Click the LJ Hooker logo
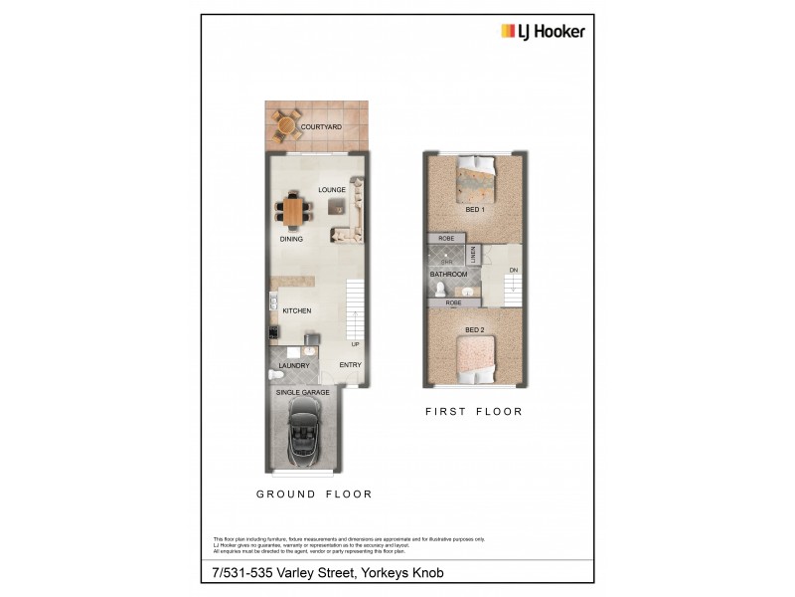(x=542, y=30)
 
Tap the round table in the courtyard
(x=285, y=125)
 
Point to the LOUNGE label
(x=331, y=189)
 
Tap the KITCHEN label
(x=297, y=311)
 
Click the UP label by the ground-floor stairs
(x=355, y=344)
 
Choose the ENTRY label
(x=350, y=365)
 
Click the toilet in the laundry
(x=273, y=375)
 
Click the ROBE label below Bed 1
(x=446, y=239)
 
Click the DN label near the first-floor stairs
(x=513, y=271)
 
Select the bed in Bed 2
(x=474, y=360)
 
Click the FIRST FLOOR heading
(x=473, y=411)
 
